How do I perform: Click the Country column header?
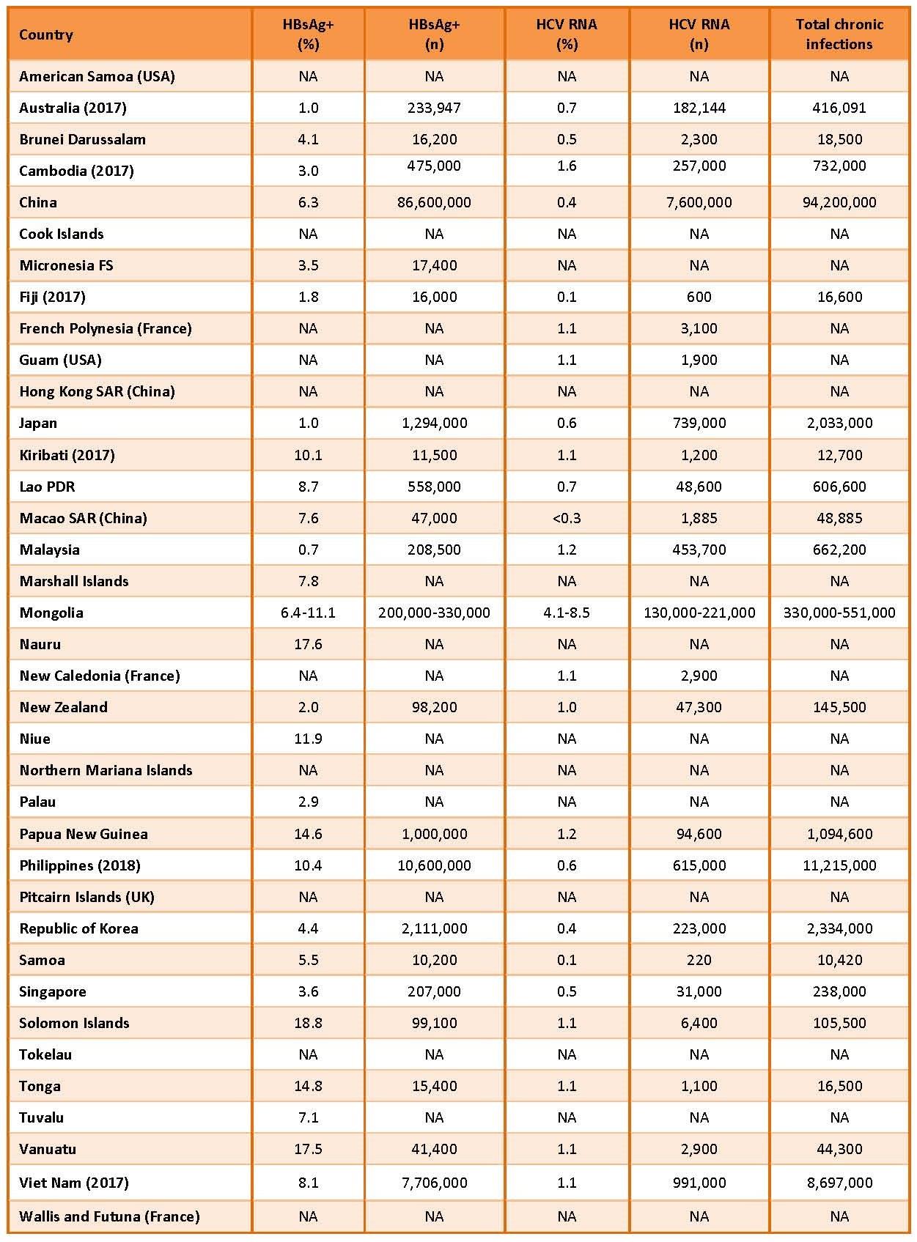[x=46, y=34]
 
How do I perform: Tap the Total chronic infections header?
[x=839, y=34]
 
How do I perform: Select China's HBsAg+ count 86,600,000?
[x=434, y=202]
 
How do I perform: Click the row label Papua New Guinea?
[x=84, y=834]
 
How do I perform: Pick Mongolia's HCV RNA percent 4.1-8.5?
[x=567, y=613]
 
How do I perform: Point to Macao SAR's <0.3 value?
[x=567, y=518]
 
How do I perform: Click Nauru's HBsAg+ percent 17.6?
[x=308, y=644]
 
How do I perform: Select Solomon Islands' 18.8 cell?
[x=308, y=1023]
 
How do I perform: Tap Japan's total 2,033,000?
[x=839, y=423]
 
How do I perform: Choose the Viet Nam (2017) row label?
[x=74, y=1183]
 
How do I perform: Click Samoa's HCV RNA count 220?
[x=699, y=960]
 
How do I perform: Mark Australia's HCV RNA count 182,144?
[x=699, y=108]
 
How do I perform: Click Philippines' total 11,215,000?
[x=839, y=865]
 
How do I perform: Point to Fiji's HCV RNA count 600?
[x=699, y=297]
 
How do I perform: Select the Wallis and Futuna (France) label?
[x=109, y=1216]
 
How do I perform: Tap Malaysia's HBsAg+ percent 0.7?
[x=308, y=550]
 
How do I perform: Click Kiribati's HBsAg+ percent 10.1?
[x=308, y=455]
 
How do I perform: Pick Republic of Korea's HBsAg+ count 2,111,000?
[x=434, y=928]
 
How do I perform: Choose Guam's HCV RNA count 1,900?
[x=699, y=360]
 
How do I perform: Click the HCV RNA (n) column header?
[x=699, y=34]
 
